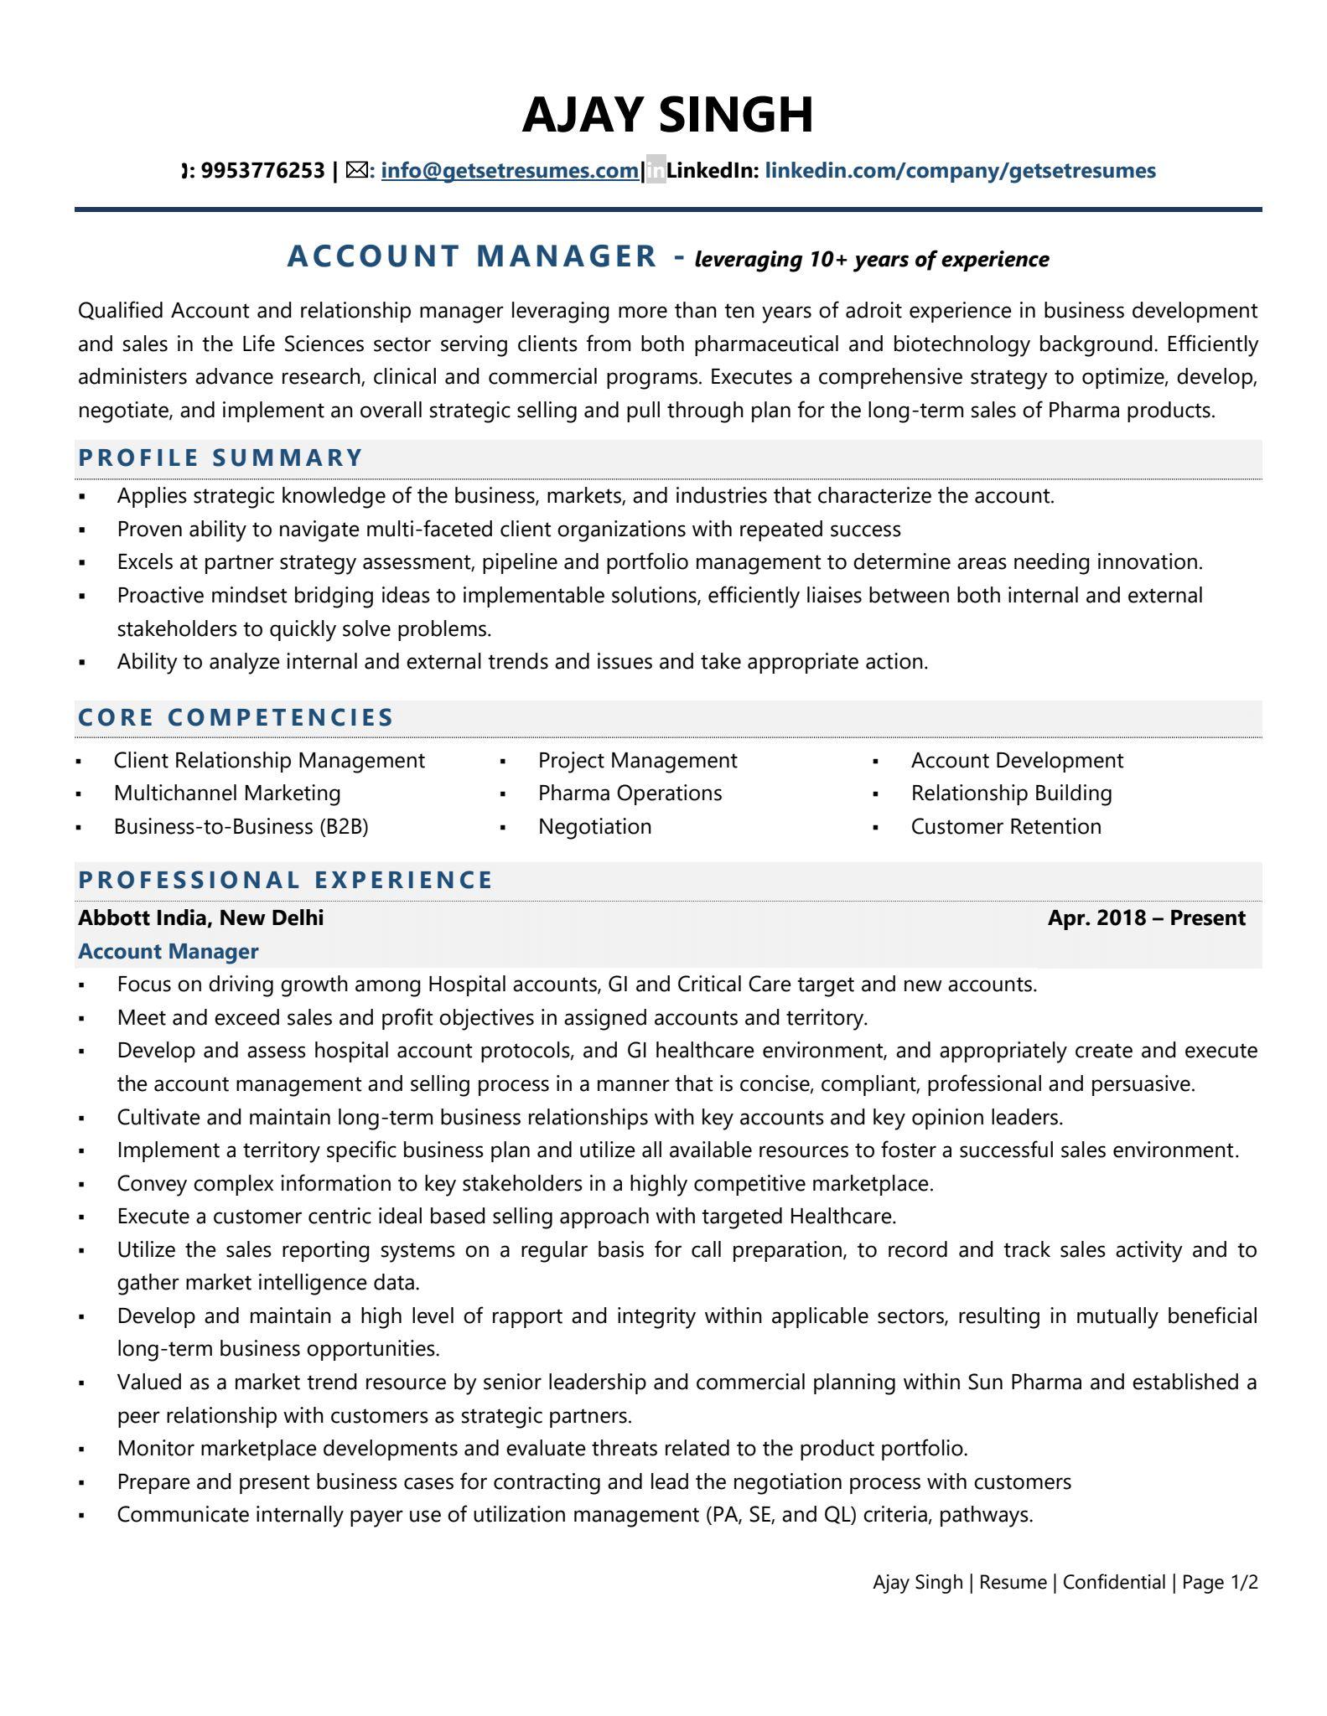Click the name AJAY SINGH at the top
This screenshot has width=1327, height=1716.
coord(667,115)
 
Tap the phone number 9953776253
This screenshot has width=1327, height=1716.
coord(262,171)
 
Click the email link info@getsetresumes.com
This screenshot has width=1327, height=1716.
coord(509,171)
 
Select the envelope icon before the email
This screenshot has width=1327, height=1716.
coord(356,171)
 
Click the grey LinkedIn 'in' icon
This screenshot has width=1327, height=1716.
coord(656,171)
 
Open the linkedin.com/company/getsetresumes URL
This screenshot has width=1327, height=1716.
coord(960,171)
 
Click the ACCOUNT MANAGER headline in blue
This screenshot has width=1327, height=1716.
coord(472,256)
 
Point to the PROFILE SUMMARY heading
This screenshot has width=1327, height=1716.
coord(220,457)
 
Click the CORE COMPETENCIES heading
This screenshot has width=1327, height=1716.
coord(236,717)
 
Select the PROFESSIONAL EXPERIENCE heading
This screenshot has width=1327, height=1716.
coord(286,880)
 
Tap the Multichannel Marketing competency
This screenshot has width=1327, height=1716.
coord(227,793)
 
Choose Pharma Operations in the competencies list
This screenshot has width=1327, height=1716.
coord(630,793)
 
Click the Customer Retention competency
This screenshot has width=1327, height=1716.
coord(1006,826)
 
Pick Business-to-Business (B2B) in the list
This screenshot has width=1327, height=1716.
coord(241,826)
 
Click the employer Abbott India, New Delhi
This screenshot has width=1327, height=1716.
coord(200,917)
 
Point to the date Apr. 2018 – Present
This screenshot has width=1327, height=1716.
coord(1146,917)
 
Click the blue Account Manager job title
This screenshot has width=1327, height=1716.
coord(168,951)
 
